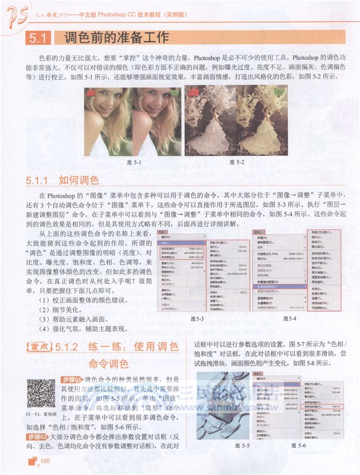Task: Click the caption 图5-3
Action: point(197,319)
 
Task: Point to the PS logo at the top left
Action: point(15,13)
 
